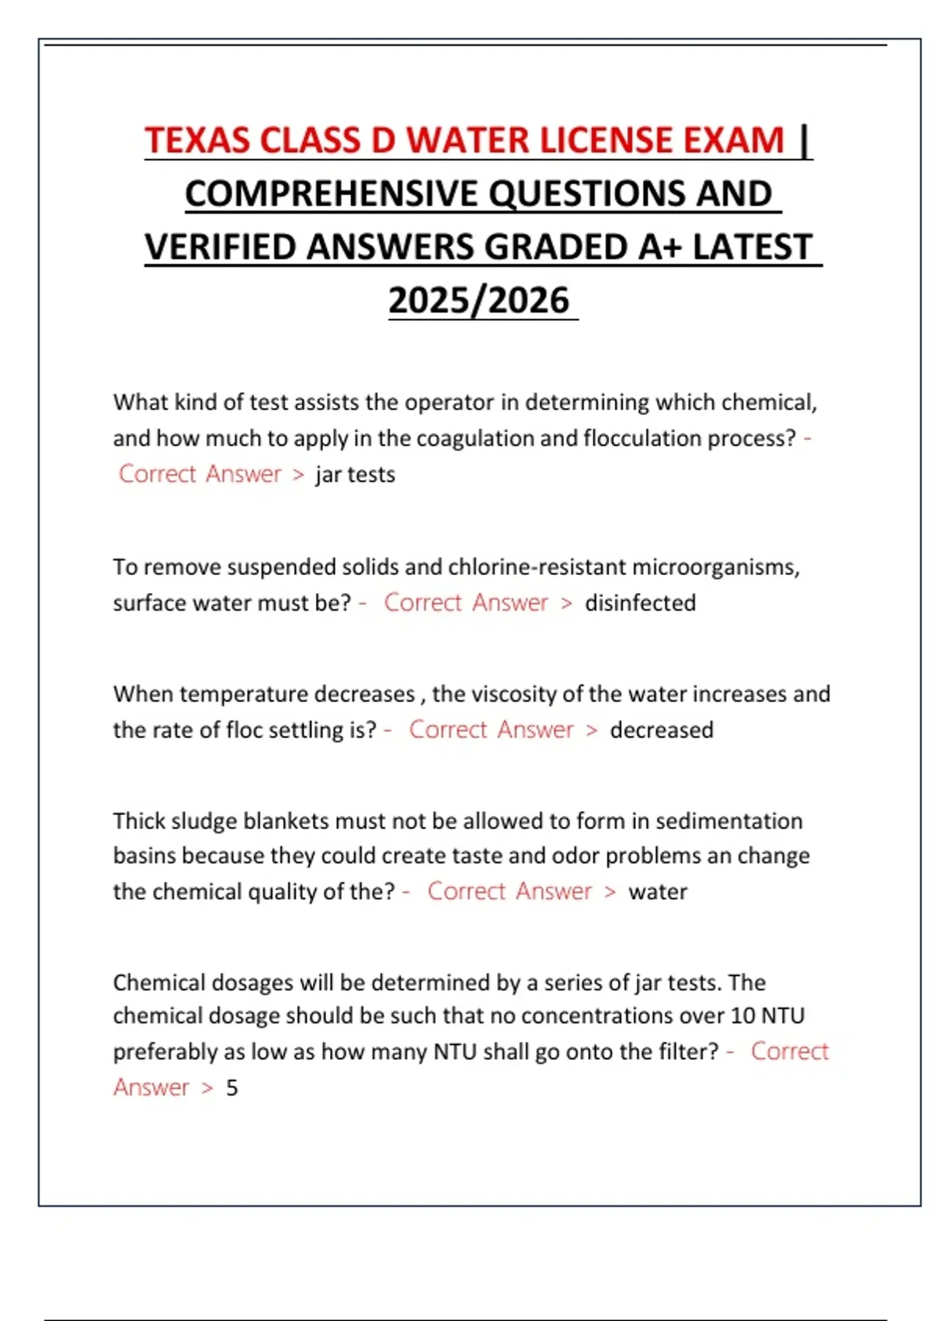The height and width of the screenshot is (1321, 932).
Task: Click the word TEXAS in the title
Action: click(x=197, y=141)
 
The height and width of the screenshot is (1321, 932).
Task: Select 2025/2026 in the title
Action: click(x=479, y=301)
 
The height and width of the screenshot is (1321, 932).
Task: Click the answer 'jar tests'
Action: click(x=355, y=475)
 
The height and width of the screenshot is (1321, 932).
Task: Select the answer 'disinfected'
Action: click(x=640, y=603)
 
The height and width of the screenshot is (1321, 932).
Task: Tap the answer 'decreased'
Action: click(x=661, y=730)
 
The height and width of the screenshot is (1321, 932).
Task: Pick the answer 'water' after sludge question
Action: click(x=658, y=892)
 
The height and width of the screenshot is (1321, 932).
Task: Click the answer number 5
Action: click(x=231, y=1088)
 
